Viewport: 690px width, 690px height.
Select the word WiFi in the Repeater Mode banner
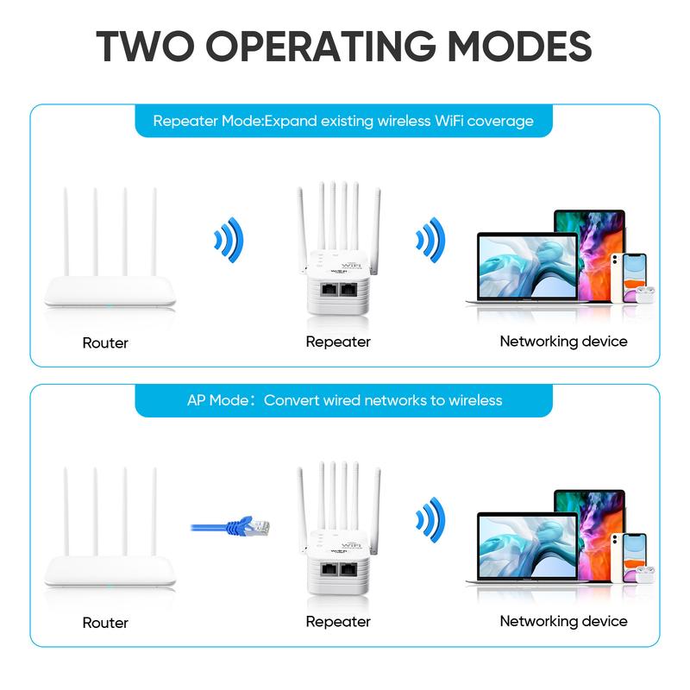tap(439, 121)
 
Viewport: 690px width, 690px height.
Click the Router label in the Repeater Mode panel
tap(105, 342)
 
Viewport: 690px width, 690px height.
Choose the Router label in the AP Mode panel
tap(105, 622)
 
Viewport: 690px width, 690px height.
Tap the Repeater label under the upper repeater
tap(338, 342)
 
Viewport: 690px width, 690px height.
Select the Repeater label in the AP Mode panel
tap(338, 621)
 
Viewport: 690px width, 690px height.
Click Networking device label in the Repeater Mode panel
tap(563, 342)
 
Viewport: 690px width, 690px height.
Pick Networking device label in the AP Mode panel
tap(563, 621)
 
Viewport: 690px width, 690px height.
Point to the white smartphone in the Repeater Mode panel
tap(614, 272)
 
